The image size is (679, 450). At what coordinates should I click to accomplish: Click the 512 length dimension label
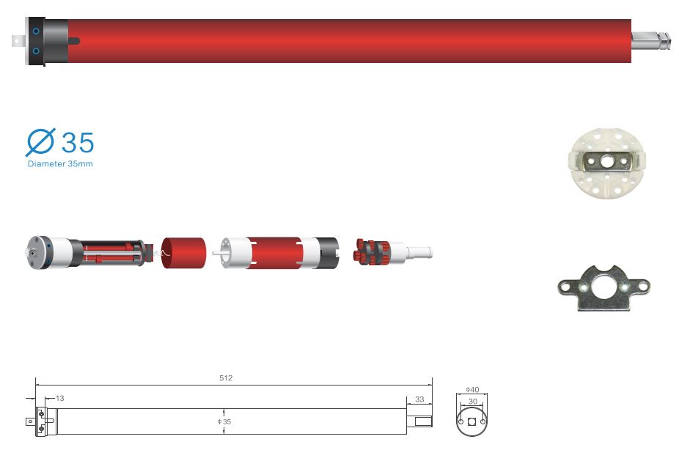click(226, 377)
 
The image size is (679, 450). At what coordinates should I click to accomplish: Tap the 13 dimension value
click(59, 398)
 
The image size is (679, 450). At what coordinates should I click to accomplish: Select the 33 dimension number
click(419, 399)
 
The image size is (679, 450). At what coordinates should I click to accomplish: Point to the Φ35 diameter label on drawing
click(224, 421)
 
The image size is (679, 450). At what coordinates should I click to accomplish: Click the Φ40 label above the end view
click(472, 389)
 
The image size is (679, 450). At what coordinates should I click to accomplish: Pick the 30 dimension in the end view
click(473, 401)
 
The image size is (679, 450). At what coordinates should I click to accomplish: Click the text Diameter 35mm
click(60, 163)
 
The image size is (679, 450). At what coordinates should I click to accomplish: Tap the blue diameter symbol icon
click(40, 142)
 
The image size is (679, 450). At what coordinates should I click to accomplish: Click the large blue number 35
click(78, 142)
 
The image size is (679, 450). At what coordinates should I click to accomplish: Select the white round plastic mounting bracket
click(607, 163)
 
